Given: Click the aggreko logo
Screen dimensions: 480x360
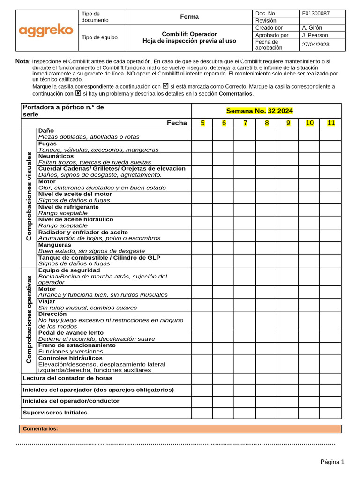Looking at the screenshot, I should coord(46,30).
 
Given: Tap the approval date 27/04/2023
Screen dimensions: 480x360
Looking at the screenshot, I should coord(315,45).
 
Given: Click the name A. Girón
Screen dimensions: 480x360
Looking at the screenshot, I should coord(312,28).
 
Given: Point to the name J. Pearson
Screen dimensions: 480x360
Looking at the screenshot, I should coord(315,35).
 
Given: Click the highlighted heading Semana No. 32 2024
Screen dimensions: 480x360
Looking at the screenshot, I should coord(259,111).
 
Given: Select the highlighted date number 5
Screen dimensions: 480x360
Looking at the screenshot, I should coord(202,123).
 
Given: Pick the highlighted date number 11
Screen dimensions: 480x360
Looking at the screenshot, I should coord(331,123).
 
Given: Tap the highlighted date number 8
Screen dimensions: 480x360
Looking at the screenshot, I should coord(267,123).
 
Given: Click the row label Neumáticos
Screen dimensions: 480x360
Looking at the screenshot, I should coord(56,156).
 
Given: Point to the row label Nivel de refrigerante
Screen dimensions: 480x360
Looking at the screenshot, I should coord(68,207).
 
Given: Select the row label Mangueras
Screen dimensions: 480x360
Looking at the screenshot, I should coord(55,245).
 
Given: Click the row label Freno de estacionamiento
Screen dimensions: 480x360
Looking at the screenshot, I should coord(77,345).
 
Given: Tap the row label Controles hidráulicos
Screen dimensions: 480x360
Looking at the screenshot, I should coord(70,358).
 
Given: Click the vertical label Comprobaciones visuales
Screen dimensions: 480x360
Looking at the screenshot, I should coord(29,196).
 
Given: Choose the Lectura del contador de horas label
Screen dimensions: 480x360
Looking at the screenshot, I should coord(67,378).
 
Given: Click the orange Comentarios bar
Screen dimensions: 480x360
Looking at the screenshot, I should coord(180,429).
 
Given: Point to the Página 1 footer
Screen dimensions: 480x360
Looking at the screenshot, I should coord(332,462).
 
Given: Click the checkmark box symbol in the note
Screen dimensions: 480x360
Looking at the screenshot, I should coord(165,86).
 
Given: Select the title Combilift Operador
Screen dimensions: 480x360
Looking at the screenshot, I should coord(189,34).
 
